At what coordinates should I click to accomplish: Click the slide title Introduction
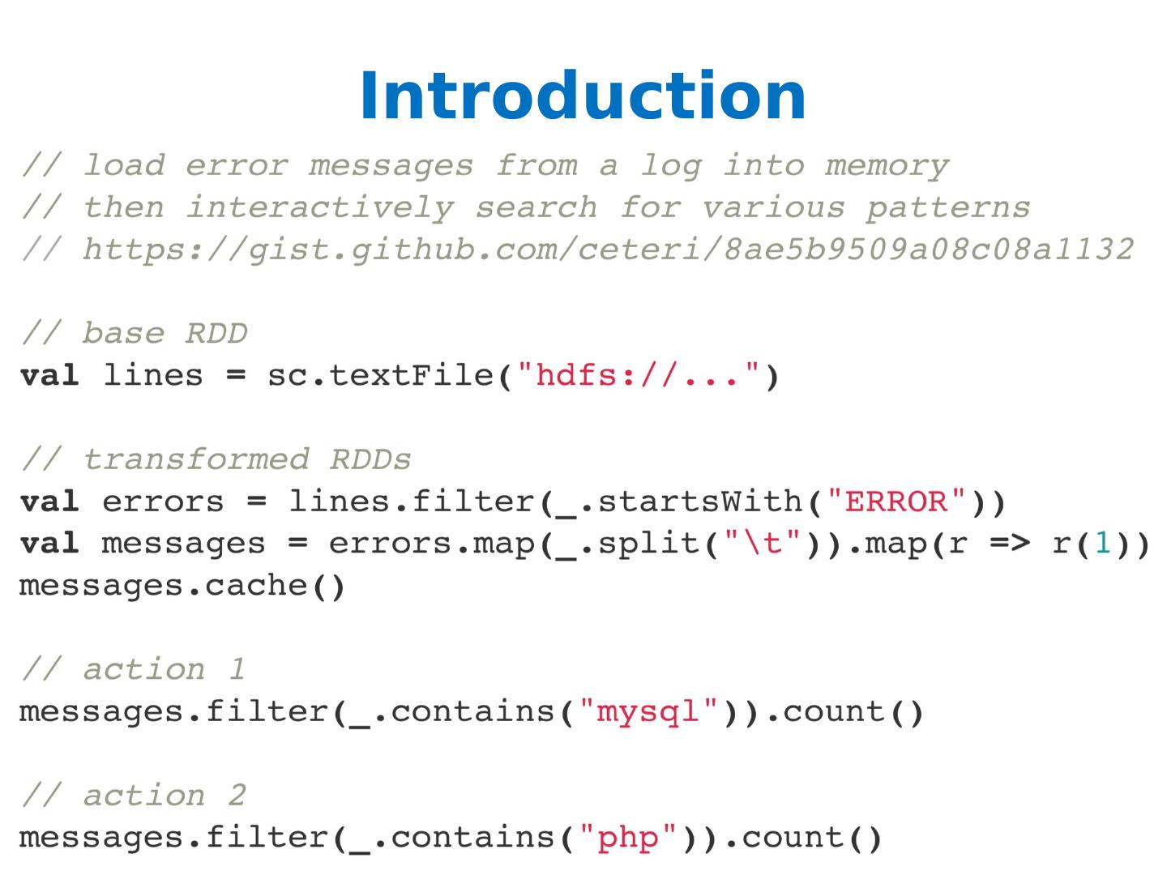point(582,96)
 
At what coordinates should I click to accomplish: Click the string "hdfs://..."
point(639,376)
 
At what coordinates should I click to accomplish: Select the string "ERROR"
point(906,502)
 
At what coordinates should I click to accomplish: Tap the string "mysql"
point(649,711)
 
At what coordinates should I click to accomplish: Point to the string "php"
point(628,837)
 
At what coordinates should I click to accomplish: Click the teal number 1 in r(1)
point(1102,544)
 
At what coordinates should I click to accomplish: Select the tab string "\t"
point(763,544)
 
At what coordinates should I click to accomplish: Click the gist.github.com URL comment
point(608,250)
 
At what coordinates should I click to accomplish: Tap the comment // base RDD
point(135,333)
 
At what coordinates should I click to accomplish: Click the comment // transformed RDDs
point(216,459)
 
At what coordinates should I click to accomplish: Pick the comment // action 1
point(133,669)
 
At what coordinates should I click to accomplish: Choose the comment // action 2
point(133,796)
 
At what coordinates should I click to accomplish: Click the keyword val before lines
point(49,376)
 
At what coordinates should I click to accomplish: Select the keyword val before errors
point(49,502)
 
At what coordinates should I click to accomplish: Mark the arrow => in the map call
point(1010,544)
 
